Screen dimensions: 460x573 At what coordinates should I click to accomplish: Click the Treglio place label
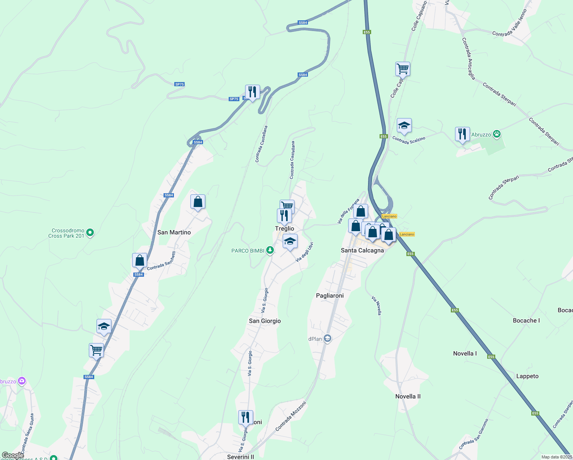point(285,228)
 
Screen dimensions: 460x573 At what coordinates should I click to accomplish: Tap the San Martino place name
point(174,232)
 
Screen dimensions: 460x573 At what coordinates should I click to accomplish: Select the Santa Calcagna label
point(362,250)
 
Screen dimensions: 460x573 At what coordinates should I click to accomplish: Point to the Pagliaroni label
point(330,296)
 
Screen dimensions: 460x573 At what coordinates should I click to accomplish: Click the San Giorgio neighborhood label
point(265,321)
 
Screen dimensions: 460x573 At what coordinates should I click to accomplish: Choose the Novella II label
point(408,396)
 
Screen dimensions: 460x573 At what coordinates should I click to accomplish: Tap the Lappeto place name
point(527,376)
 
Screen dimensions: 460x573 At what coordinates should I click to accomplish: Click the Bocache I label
point(526,320)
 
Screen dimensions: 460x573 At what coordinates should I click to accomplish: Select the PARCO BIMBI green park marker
point(270,250)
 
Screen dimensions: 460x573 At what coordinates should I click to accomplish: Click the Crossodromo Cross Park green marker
point(90,232)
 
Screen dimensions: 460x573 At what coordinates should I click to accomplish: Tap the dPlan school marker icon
point(327,338)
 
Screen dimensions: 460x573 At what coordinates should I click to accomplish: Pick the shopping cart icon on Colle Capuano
point(403,69)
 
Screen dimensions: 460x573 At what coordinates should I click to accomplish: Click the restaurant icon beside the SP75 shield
point(252,92)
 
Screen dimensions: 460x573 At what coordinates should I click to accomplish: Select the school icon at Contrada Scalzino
point(404,125)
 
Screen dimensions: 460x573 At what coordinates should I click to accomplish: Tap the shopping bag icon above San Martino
point(198,202)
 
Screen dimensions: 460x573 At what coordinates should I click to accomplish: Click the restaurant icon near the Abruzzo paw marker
point(462,134)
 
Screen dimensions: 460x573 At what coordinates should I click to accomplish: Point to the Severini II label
point(241,457)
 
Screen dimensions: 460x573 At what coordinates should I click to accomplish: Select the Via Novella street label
point(377,306)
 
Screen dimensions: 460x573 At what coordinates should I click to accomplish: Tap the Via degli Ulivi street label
point(305,252)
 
